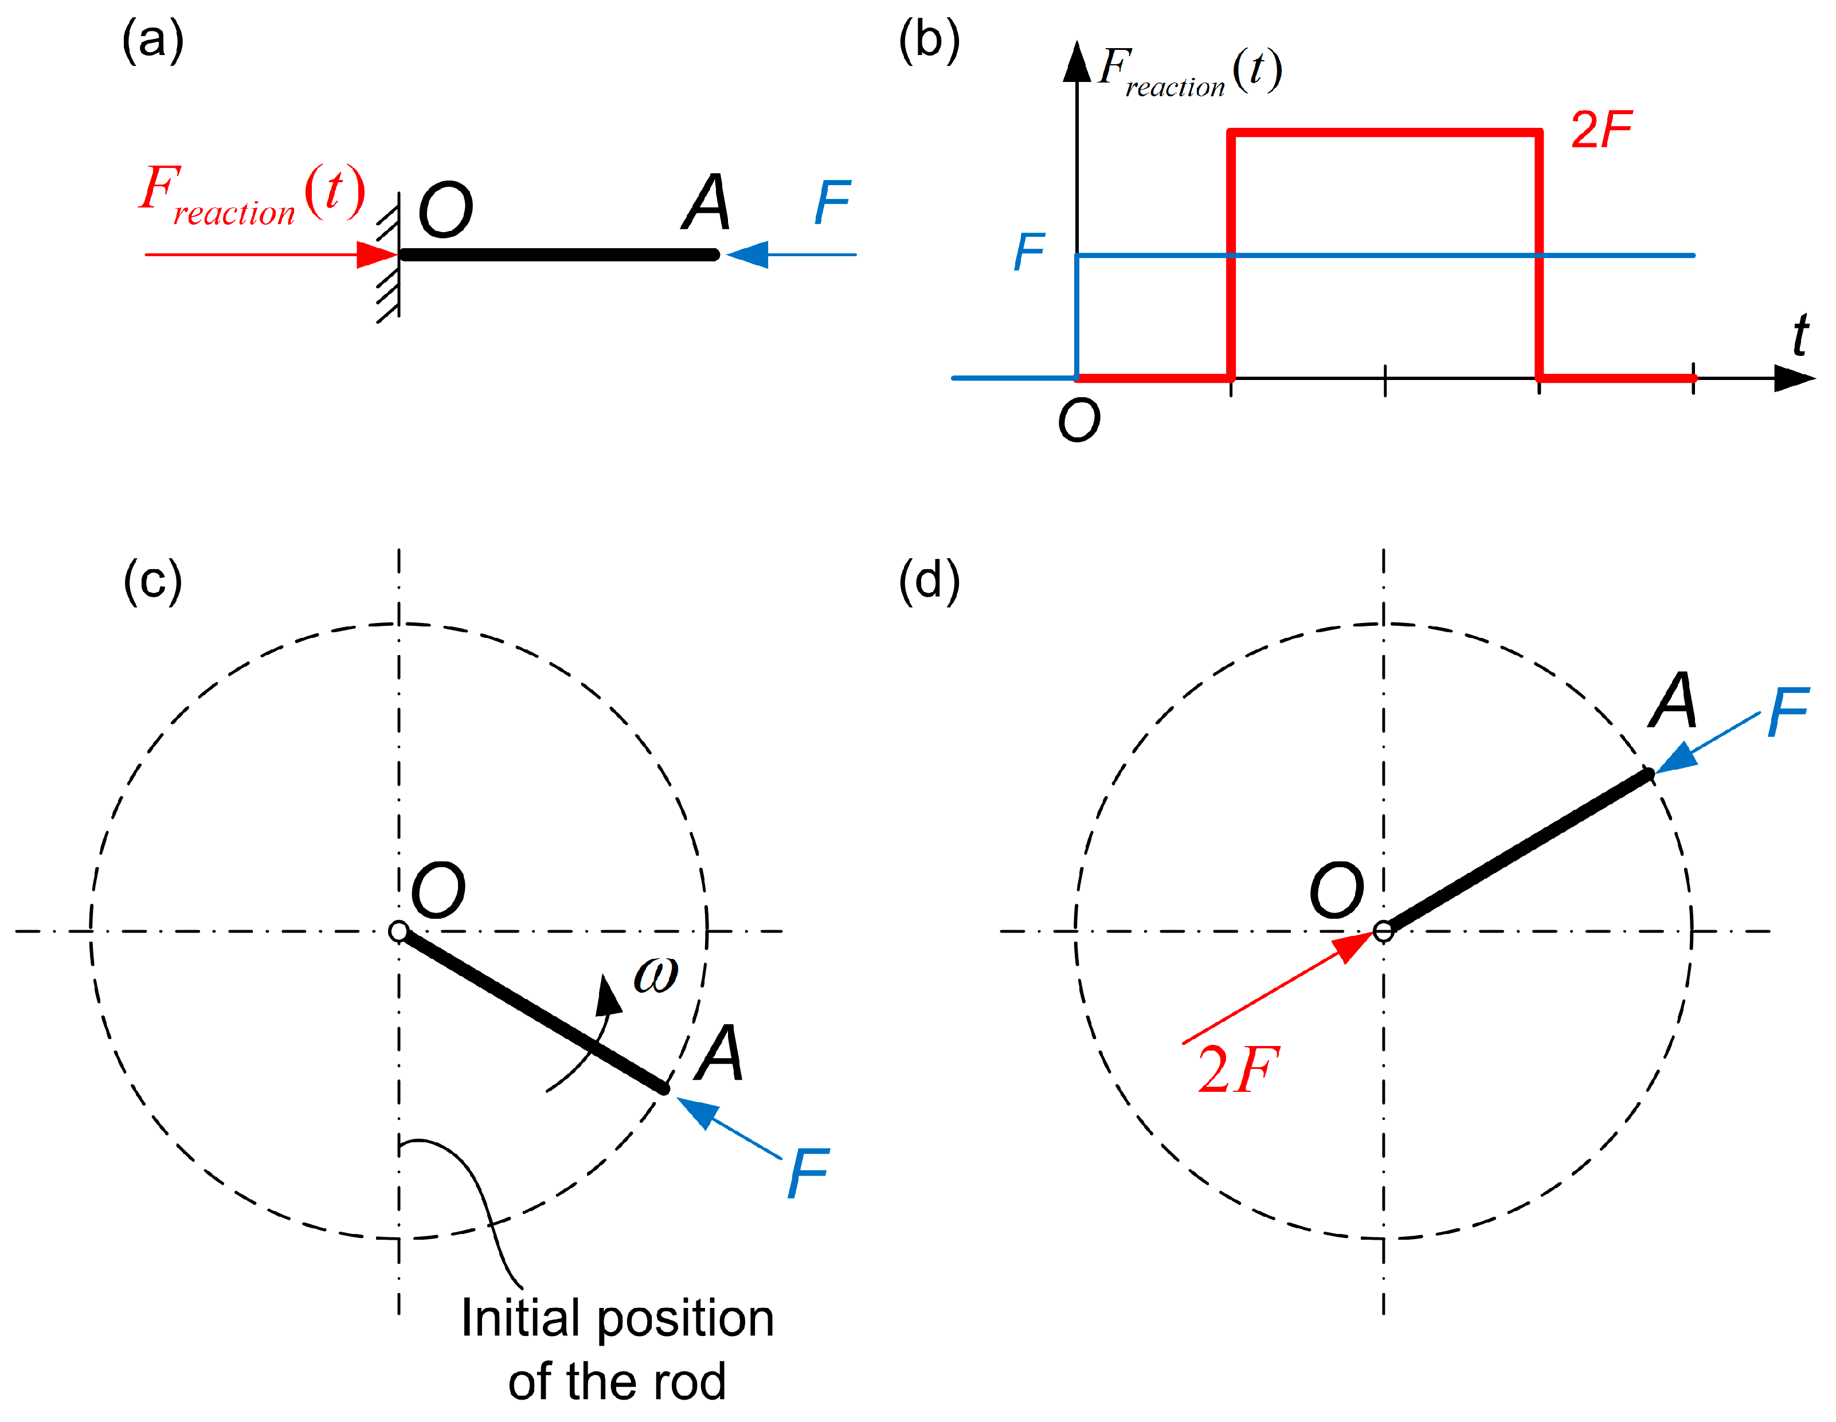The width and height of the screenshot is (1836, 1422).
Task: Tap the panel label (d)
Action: point(929,581)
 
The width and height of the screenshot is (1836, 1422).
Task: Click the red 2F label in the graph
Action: point(1600,130)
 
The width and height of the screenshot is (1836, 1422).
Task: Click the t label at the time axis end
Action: point(1800,335)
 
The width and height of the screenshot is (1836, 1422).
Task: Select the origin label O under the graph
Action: point(1079,420)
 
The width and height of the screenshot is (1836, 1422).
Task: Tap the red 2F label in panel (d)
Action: point(1238,1070)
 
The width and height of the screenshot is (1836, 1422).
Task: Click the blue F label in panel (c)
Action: point(808,1173)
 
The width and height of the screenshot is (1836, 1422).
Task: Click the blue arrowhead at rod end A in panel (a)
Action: point(747,254)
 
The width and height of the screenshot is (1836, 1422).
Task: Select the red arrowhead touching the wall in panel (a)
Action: point(377,254)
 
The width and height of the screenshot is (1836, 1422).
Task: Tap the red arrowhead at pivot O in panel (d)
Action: point(1353,946)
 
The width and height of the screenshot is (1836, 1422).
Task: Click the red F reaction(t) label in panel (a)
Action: point(252,195)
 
